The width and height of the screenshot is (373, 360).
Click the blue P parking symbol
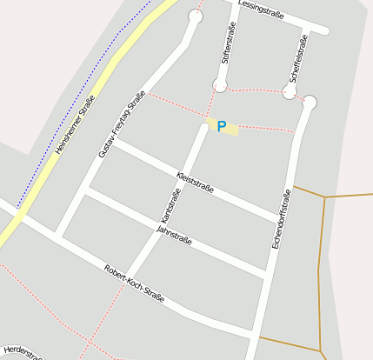coord(222,127)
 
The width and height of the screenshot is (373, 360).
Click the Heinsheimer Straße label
coord(75,125)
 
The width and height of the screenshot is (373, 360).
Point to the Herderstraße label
coord(22,351)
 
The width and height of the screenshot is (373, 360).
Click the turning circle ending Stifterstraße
coord(220,85)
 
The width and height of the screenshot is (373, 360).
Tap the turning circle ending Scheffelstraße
coord(290,91)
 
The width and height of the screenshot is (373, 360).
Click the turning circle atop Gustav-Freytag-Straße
coord(195,17)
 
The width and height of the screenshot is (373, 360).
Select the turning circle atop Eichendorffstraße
coord(310,103)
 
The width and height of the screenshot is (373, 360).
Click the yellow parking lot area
coord(223,126)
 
